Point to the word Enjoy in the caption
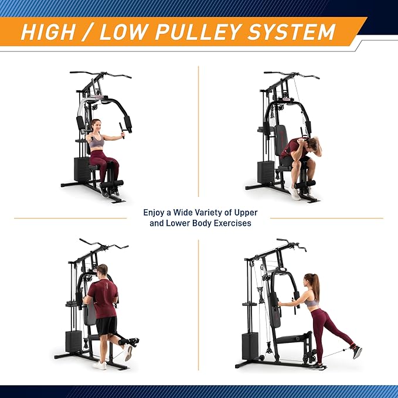(155, 213)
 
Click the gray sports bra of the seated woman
(97, 141)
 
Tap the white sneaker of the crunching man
(295, 193)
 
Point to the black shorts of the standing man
(107, 325)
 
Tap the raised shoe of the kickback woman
(356, 352)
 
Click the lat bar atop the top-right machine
(291, 74)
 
